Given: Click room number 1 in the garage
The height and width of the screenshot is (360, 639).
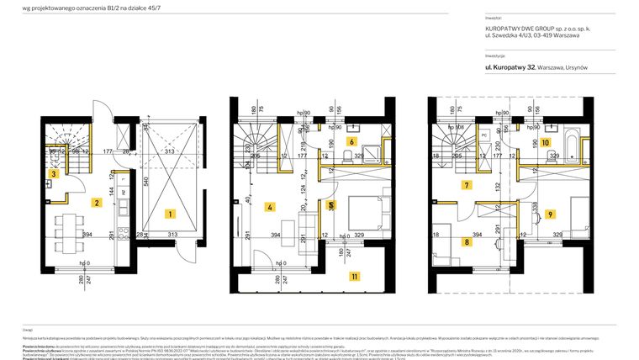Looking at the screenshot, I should tap(169, 214).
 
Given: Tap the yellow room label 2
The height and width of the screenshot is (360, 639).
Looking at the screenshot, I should tap(98, 203).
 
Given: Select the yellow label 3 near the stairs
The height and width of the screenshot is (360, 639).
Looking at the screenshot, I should tap(53, 174).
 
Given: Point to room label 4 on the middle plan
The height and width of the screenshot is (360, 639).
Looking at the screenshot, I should tap(270, 207).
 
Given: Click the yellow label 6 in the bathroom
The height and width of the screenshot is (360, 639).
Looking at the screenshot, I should tap(351, 142).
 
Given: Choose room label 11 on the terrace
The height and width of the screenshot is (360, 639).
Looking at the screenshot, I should tap(355, 276).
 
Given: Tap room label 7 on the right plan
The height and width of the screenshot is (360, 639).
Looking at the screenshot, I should tap(466, 184).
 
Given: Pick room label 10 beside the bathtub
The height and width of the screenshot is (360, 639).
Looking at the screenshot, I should tap(545, 143).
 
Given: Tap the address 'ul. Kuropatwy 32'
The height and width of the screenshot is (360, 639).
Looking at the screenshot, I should tap(510, 66).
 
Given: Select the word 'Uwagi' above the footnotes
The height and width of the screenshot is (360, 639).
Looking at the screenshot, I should tap(28, 330).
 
